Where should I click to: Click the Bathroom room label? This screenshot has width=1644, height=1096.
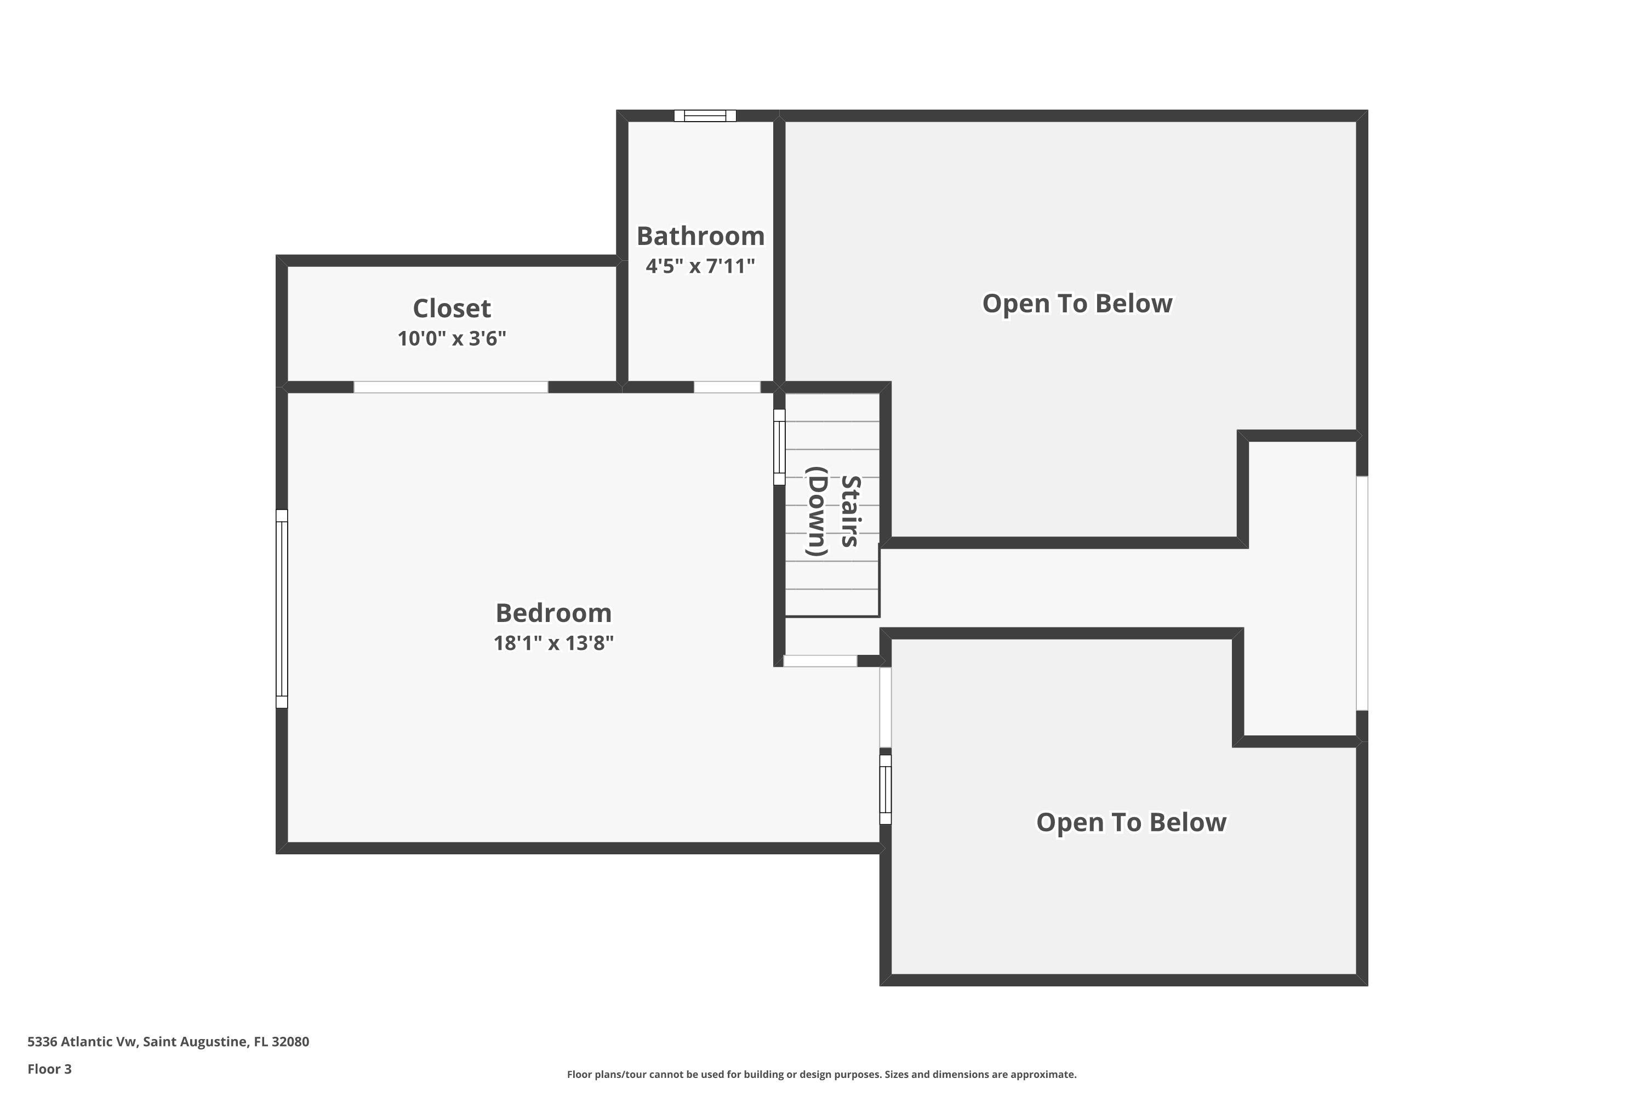700,236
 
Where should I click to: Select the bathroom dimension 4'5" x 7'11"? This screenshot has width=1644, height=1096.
700,266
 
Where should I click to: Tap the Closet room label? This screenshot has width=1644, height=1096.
452,308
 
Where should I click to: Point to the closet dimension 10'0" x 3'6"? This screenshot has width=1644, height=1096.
452,338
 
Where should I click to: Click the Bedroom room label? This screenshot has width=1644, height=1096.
553,613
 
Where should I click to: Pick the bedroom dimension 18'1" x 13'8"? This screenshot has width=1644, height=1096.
553,643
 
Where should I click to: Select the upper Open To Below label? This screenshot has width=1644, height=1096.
1077,304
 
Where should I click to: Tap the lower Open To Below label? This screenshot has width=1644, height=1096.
1131,822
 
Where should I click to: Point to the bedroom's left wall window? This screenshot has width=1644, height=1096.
282,609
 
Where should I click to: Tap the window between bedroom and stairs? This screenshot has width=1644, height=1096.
779,447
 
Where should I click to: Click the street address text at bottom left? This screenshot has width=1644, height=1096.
168,1042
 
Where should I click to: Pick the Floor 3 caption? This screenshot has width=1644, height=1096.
50,1069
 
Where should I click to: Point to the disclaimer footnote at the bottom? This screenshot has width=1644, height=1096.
822,1074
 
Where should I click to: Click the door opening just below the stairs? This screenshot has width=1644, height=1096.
820,660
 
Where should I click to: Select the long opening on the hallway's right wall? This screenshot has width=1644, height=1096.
1362,593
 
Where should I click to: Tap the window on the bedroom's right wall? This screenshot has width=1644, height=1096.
886,789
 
